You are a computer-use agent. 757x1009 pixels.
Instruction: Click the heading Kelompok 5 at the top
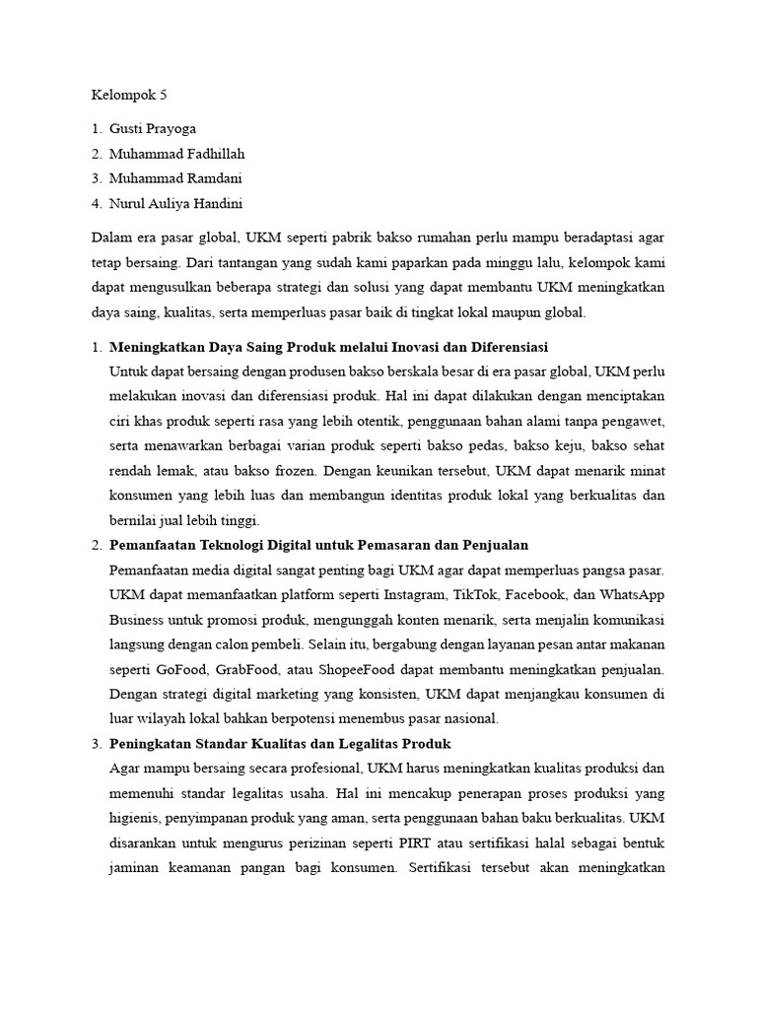coord(130,96)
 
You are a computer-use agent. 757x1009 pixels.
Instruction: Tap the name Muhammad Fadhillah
coord(176,154)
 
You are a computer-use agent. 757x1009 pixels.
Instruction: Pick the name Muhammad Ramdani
coord(175,178)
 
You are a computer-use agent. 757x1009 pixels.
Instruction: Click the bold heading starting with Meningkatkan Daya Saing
coord(328,348)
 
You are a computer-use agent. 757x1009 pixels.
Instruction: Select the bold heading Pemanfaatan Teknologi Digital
coord(319,545)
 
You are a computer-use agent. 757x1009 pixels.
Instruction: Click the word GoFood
coord(185,669)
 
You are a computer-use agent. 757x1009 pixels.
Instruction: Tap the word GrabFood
coord(251,669)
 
